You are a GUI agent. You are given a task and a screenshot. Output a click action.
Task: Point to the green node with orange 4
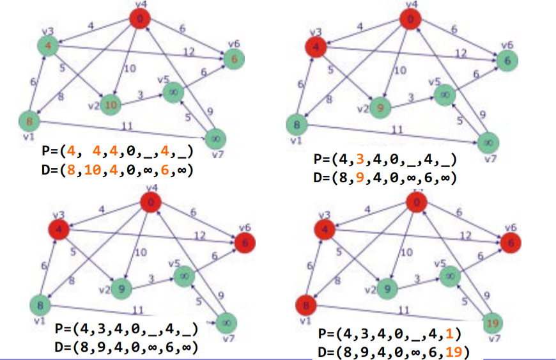tap(48, 46)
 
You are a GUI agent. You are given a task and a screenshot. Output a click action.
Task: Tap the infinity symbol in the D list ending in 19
tap(420, 350)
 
